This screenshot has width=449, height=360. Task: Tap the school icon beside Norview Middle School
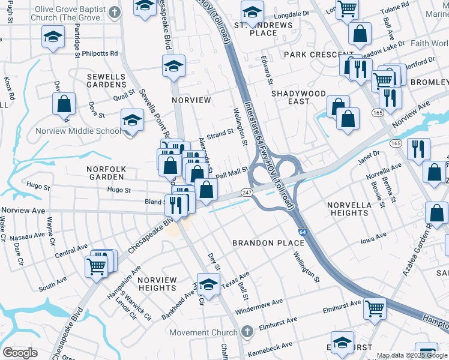132,119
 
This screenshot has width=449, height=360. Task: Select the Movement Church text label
203,332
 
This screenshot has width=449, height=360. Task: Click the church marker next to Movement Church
247,332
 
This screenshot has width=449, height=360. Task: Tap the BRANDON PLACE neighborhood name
268,243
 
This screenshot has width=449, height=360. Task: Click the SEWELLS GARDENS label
106,81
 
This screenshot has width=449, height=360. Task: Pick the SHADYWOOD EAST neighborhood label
298,97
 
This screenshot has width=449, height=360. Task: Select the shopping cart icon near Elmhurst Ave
375,308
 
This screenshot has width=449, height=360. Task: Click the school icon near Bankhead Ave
208,283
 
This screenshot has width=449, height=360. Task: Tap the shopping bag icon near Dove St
64,104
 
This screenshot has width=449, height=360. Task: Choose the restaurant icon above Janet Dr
415,148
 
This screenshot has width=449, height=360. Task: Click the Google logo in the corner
20,353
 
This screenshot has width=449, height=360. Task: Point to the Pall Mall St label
232,172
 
